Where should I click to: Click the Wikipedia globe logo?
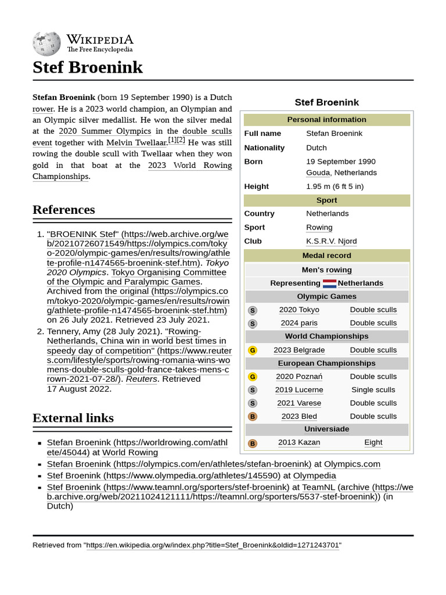(46, 42)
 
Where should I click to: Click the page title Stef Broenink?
(87, 67)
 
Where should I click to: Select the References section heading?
(63, 210)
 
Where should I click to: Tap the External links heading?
(73, 418)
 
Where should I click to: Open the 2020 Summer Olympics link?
(105, 131)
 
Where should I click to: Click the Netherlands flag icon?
(329, 284)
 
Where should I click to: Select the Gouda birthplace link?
(318, 173)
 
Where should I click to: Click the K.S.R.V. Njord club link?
(331, 241)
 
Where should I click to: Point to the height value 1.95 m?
(334, 187)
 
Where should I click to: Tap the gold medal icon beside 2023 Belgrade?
(252, 350)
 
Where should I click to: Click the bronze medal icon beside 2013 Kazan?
(252, 443)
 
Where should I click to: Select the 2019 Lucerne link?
(298, 390)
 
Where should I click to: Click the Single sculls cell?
(373, 390)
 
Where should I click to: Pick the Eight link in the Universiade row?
(373, 442)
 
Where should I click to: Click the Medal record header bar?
(326, 256)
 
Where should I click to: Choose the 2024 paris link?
(298, 323)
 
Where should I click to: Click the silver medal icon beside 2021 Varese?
(252, 403)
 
